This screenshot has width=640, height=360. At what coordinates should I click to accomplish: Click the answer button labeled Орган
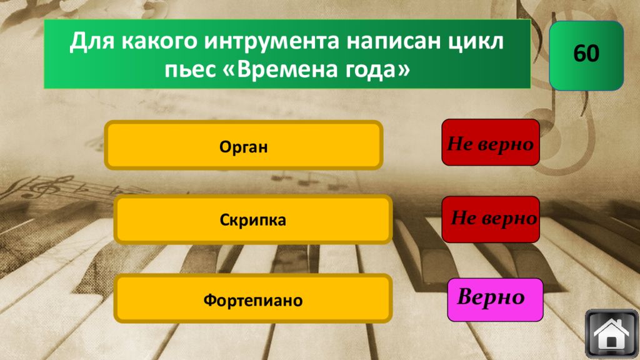coord(243,146)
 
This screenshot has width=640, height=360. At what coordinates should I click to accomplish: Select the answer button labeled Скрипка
coord(252,220)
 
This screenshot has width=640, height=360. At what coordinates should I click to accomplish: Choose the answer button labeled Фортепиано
coord(252,301)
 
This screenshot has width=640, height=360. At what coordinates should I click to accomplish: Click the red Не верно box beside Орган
coord(490,142)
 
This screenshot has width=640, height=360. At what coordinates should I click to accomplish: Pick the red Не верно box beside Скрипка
coord(490,219)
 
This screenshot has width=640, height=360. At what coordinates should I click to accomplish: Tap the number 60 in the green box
coord(586,54)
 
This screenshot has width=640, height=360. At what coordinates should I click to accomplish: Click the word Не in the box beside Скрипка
coord(462,219)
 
